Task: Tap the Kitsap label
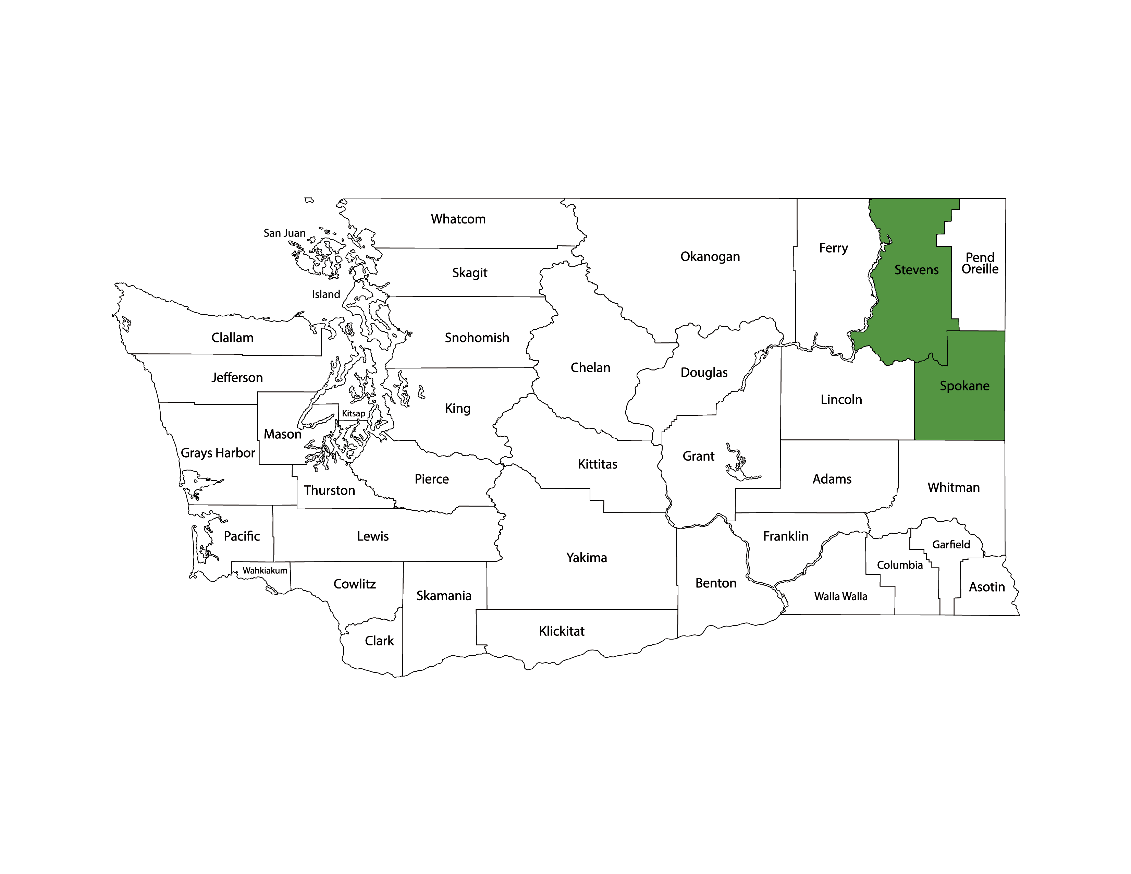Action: pyautogui.click(x=353, y=413)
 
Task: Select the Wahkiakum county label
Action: pyautogui.click(x=265, y=570)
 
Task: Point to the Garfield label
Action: pyautogui.click(x=951, y=545)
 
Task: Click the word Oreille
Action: pyautogui.click(x=980, y=269)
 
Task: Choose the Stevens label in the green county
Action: pyautogui.click(x=916, y=270)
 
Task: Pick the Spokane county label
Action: pyautogui.click(x=964, y=386)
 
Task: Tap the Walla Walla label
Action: pyautogui.click(x=840, y=596)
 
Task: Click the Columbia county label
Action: pyautogui.click(x=899, y=565)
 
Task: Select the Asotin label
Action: pyautogui.click(x=986, y=587)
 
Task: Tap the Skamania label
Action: pyautogui.click(x=444, y=596)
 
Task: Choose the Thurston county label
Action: pyautogui.click(x=329, y=490)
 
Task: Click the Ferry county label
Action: pyautogui.click(x=833, y=248)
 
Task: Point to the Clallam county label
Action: pyautogui.click(x=233, y=338)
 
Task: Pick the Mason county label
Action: pyautogui.click(x=282, y=434)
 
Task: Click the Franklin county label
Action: pyautogui.click(x=786, y=536)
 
